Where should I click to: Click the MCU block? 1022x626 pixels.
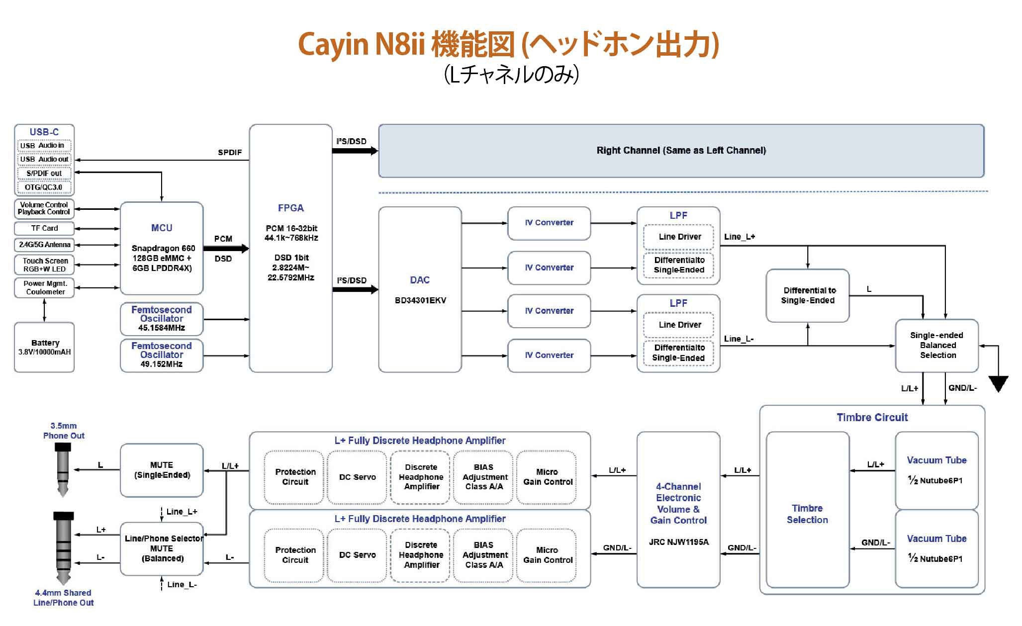coord(162,248)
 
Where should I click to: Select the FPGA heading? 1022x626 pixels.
coord(290,208)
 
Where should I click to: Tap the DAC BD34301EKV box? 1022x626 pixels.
coord(420,289)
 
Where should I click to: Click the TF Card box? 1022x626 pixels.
coord(44,228)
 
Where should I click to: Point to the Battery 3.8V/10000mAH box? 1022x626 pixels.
coord(44,347)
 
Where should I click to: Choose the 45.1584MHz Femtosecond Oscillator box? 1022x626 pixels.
coord(162,319)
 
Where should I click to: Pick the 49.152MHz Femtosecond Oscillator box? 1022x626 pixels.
coord(162,355)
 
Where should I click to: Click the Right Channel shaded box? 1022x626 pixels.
coord(681,151)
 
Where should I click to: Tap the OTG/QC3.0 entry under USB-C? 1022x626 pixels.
coord(44,187)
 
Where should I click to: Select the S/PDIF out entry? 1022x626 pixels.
coord(44,174)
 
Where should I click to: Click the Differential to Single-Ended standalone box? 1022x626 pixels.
coord(807,295)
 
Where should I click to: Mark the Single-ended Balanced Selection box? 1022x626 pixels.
coord(937,345)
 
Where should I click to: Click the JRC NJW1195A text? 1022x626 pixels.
coord(678,542)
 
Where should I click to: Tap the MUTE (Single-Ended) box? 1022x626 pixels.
coord(162,470)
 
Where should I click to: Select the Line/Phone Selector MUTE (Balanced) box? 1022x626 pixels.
coord(162,548)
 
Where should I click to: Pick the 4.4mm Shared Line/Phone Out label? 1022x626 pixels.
coord(63,598)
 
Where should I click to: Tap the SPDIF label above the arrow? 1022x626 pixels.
coord(230,152)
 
